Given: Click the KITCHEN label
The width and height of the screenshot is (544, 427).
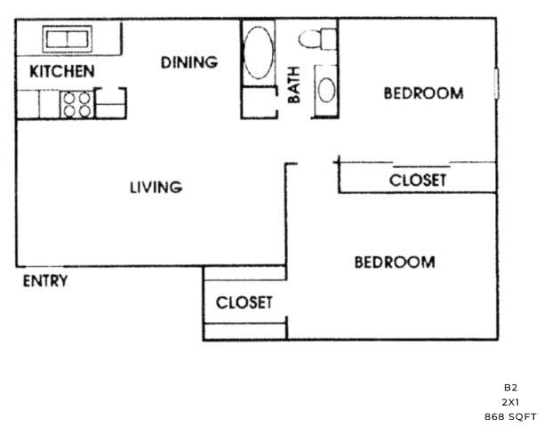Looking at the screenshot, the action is point(62,71).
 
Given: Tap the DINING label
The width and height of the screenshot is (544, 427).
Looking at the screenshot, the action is point(189,62).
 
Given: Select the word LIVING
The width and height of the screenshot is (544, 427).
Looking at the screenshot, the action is point(156,188).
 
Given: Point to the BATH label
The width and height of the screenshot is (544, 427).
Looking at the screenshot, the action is point(294,85).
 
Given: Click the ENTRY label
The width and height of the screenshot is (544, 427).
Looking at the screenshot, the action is point(45,281).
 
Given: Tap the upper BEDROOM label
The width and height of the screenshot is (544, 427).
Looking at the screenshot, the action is point(424,93).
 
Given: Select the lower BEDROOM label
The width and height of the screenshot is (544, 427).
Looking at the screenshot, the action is point(395,262).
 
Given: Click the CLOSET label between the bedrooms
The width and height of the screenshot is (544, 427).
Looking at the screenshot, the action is point(418,181).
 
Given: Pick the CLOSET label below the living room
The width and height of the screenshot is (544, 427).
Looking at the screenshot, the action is point(244,302).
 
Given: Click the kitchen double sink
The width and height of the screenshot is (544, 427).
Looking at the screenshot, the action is point(68,38).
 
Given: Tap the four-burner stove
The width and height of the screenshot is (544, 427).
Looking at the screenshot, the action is point(77,104).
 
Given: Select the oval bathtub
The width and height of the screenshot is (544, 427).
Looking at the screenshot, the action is point(259,52).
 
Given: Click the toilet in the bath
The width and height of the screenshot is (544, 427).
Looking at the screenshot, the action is point(318,39).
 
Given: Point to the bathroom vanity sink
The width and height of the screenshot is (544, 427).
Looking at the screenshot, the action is point(326,90).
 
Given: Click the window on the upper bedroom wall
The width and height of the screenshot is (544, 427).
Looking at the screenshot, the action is point(497,84).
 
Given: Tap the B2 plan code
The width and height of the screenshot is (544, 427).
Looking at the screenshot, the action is point(511,388).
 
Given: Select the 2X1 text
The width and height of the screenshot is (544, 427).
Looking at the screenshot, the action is point(510,402).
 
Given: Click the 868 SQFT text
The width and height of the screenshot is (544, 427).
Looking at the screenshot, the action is point(510,417).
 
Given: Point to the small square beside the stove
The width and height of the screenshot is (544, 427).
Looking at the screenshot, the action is point(110,103).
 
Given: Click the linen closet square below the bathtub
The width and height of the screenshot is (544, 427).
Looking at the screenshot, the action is point(260,102).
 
